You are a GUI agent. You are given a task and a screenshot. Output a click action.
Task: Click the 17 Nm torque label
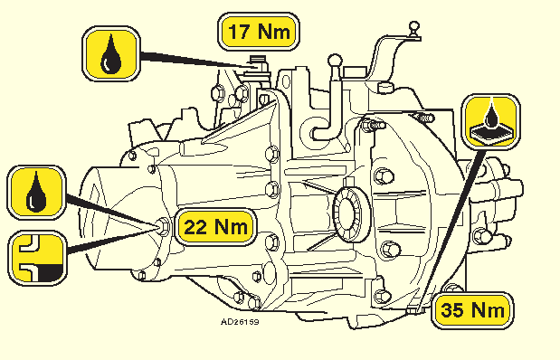(x=258, y=32)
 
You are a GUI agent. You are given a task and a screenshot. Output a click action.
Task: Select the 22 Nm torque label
(x=216, y=226)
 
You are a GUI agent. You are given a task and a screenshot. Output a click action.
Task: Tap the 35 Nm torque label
(x=472, y=310)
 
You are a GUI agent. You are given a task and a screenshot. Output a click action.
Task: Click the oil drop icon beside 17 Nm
(x=111, y=53)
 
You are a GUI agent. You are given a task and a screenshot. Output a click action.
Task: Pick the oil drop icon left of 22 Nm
(x=36, y=192)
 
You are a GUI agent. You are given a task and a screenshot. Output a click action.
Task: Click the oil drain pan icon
(x=490, y=120)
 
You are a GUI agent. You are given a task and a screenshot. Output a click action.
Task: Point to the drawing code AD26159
(x=240, y=322)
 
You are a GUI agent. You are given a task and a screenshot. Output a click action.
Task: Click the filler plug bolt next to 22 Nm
(x=163, y=226)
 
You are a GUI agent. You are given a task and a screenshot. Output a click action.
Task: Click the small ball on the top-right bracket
(x=414, y=26)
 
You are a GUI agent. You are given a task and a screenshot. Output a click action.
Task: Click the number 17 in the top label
(x=238, y=32)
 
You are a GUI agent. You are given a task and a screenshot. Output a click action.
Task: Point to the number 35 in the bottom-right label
(x=452, y=309)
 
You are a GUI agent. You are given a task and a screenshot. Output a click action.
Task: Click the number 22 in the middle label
(x=196, y=226)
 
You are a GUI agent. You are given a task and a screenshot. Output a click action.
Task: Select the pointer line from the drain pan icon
(x=451, y=229)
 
